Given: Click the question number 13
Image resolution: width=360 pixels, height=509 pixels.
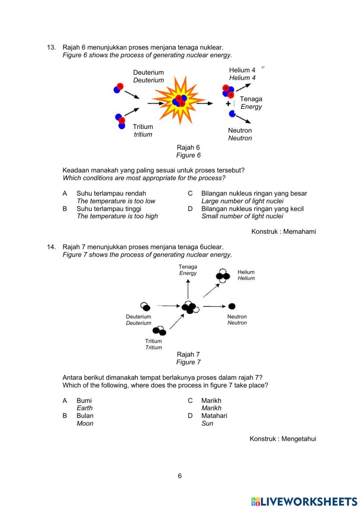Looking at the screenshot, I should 51,47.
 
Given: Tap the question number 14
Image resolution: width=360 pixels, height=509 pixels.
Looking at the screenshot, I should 51,247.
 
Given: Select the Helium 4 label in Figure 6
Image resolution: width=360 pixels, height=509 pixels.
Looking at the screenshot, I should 242,70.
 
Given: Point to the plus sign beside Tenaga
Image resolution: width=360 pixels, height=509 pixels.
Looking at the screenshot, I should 228,104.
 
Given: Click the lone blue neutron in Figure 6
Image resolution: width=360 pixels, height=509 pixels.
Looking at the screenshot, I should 232,114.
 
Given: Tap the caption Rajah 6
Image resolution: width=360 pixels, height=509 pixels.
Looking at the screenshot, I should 188,147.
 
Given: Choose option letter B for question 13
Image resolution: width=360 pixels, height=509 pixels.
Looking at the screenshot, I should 65,209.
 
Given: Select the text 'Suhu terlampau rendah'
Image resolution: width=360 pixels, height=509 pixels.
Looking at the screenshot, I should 111,193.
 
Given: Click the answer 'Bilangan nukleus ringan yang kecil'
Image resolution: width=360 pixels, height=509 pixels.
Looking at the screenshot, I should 252,209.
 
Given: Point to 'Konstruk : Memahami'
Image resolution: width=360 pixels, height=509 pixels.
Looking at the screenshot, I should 284,231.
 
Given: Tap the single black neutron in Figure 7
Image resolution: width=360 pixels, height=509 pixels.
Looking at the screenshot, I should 232,306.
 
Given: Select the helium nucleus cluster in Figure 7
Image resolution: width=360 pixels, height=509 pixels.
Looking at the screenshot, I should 223,276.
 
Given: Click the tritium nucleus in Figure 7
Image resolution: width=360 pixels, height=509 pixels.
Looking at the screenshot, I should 159,330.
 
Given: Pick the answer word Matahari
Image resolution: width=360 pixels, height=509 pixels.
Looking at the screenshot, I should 214,415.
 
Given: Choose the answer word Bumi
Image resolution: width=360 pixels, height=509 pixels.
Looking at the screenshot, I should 84,400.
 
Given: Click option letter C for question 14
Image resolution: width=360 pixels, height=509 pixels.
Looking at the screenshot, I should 190,400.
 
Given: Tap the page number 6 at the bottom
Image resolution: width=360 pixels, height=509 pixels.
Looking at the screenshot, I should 180,476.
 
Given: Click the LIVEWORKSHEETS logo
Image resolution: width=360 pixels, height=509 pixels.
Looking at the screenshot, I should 304,501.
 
